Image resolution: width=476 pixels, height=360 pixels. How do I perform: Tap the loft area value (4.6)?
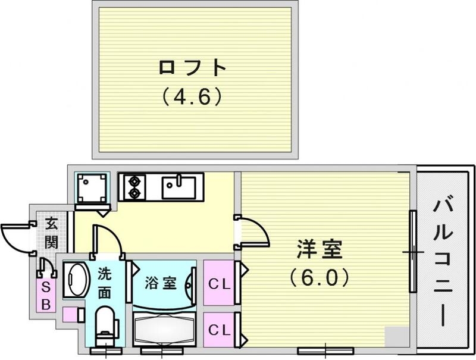coord(193,96)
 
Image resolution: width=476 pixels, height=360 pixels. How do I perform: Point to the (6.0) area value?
coord(320,277)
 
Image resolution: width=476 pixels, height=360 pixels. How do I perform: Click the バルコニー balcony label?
coord(442,262)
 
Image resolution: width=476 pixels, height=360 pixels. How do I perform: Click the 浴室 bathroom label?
coord(161,282)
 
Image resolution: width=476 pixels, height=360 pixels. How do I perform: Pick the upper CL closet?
coord(218,284)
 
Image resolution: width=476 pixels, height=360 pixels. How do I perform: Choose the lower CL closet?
coord(218,328)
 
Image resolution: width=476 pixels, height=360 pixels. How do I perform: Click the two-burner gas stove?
coord(132,186)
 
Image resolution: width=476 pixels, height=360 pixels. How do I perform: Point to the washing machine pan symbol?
coord(92,188)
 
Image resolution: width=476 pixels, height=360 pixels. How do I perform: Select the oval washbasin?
coord(76,279)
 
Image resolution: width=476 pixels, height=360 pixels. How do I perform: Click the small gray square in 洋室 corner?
coord(393,336)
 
